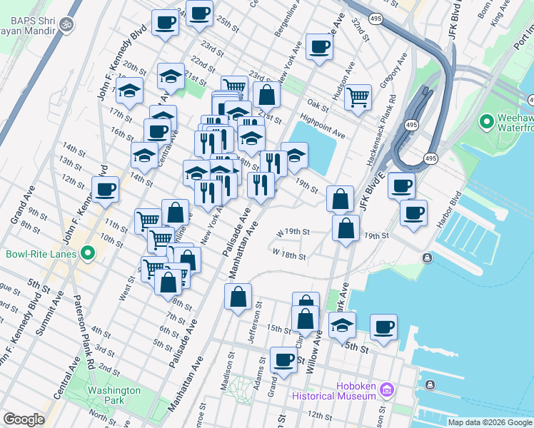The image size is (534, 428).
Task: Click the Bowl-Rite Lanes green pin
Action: pyautogui.click(x=88, y=253)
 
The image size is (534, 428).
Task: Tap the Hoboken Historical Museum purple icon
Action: pyautogui.click(x=387, y=389)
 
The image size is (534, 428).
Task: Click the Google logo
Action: pyautogui.click(x=24, y=419)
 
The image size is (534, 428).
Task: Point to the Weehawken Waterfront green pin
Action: pyautogui.click(x=488, y=122)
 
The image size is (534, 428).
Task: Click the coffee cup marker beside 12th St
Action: pyautogui.click(x=105, y=190)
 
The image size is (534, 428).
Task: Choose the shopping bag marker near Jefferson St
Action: pyautogui.click(x=238, y=297)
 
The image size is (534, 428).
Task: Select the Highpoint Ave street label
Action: pyautogui.click(x=323, y=128)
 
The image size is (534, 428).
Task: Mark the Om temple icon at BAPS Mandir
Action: pyautogui.click(x=67, y=25)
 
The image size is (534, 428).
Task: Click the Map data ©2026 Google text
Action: pyautogui.click(x=489, y=422)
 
